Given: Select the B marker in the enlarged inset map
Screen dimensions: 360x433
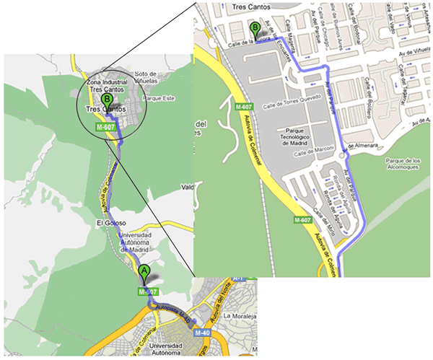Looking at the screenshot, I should [x=254, y=30].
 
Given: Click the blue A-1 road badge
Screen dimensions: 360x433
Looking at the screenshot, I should [x=241, y=278].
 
